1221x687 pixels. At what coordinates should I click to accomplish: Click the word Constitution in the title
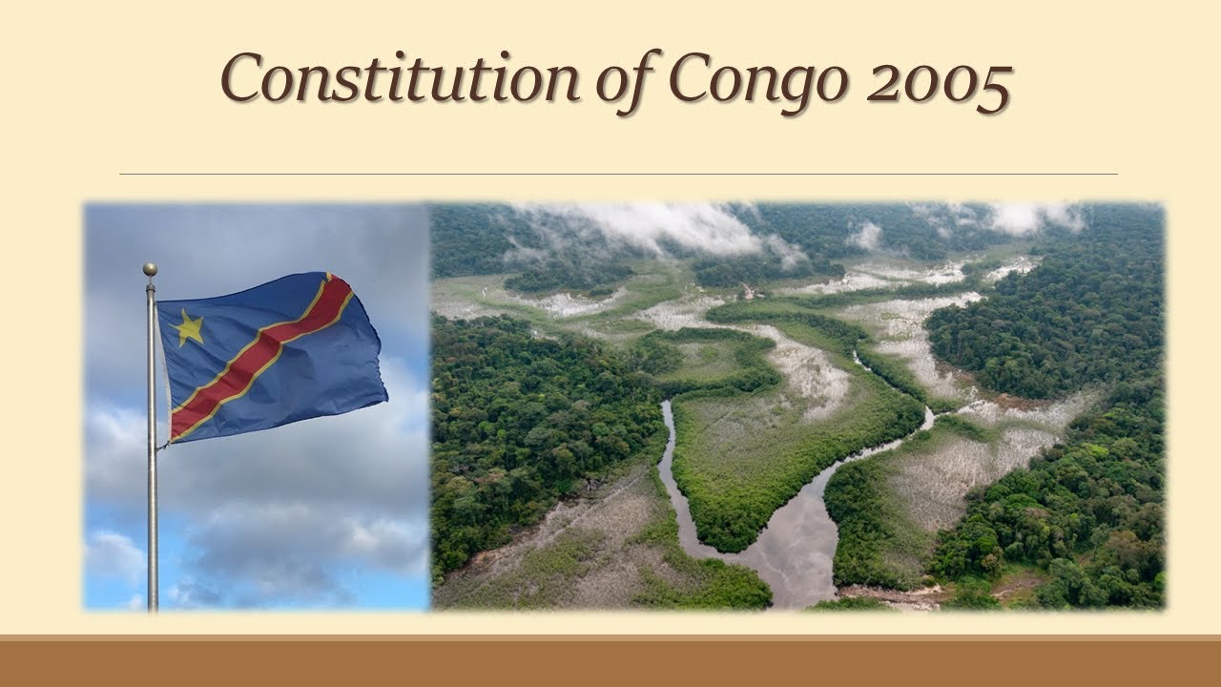(x=399, y=78)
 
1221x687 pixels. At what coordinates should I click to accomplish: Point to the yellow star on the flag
(x=189, y=328)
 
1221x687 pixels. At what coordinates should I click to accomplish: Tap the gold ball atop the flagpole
(x=150, y=271)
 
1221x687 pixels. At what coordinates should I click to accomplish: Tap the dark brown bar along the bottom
(x=610, y=663)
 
